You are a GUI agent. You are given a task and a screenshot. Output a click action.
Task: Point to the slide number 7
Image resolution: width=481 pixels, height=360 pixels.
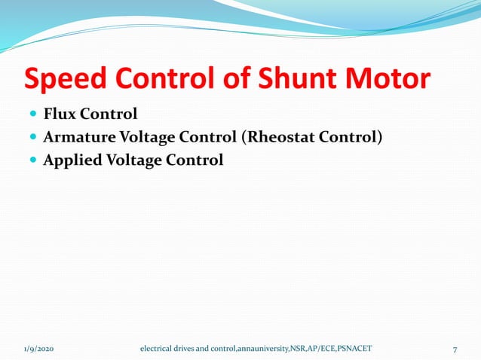[455, 349]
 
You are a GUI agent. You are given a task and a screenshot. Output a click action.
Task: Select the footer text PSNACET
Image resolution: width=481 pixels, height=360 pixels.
[351, 349]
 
